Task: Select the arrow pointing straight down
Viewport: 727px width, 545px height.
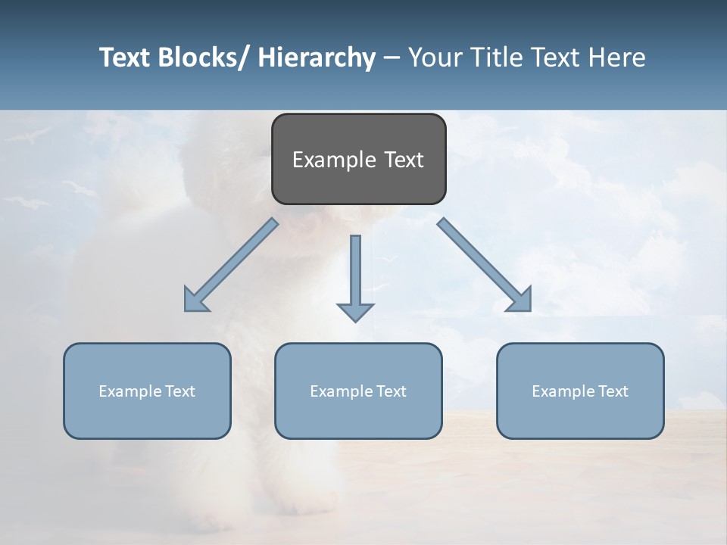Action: tap(355, 272)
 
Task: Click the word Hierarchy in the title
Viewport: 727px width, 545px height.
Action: tap(317, 58)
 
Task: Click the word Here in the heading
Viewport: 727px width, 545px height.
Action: tap(616, 58)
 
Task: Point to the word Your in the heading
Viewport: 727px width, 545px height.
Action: tap(432, 58)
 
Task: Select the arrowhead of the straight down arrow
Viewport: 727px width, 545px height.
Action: tap(355, 311)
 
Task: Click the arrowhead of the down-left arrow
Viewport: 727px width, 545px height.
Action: tap(195, 300)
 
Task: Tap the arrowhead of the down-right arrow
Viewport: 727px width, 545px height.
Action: tap(520, 300)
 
